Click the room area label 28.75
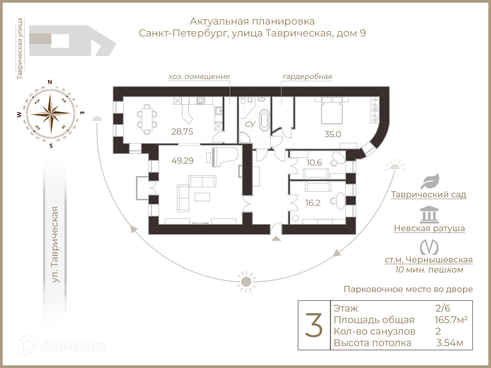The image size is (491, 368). coord(182,131)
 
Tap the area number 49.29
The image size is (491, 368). coord(183,161)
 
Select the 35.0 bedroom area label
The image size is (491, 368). coord(332,134)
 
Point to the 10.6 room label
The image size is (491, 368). coord(314,163)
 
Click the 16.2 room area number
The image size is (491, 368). coord(313,203)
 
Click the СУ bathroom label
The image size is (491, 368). coord(250,124)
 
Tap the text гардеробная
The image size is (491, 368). coord(307,76)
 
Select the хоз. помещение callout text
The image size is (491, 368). coord(199,76)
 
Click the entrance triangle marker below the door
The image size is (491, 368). coord(276,238)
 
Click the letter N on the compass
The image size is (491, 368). coord(49,82)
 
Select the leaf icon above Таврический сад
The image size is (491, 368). coord(430,181)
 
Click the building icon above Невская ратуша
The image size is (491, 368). coord(429,215)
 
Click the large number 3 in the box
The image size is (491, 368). coord(314,325)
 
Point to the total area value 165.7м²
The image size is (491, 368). coord(451,320)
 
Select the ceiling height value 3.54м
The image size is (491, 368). coord(450,343)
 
